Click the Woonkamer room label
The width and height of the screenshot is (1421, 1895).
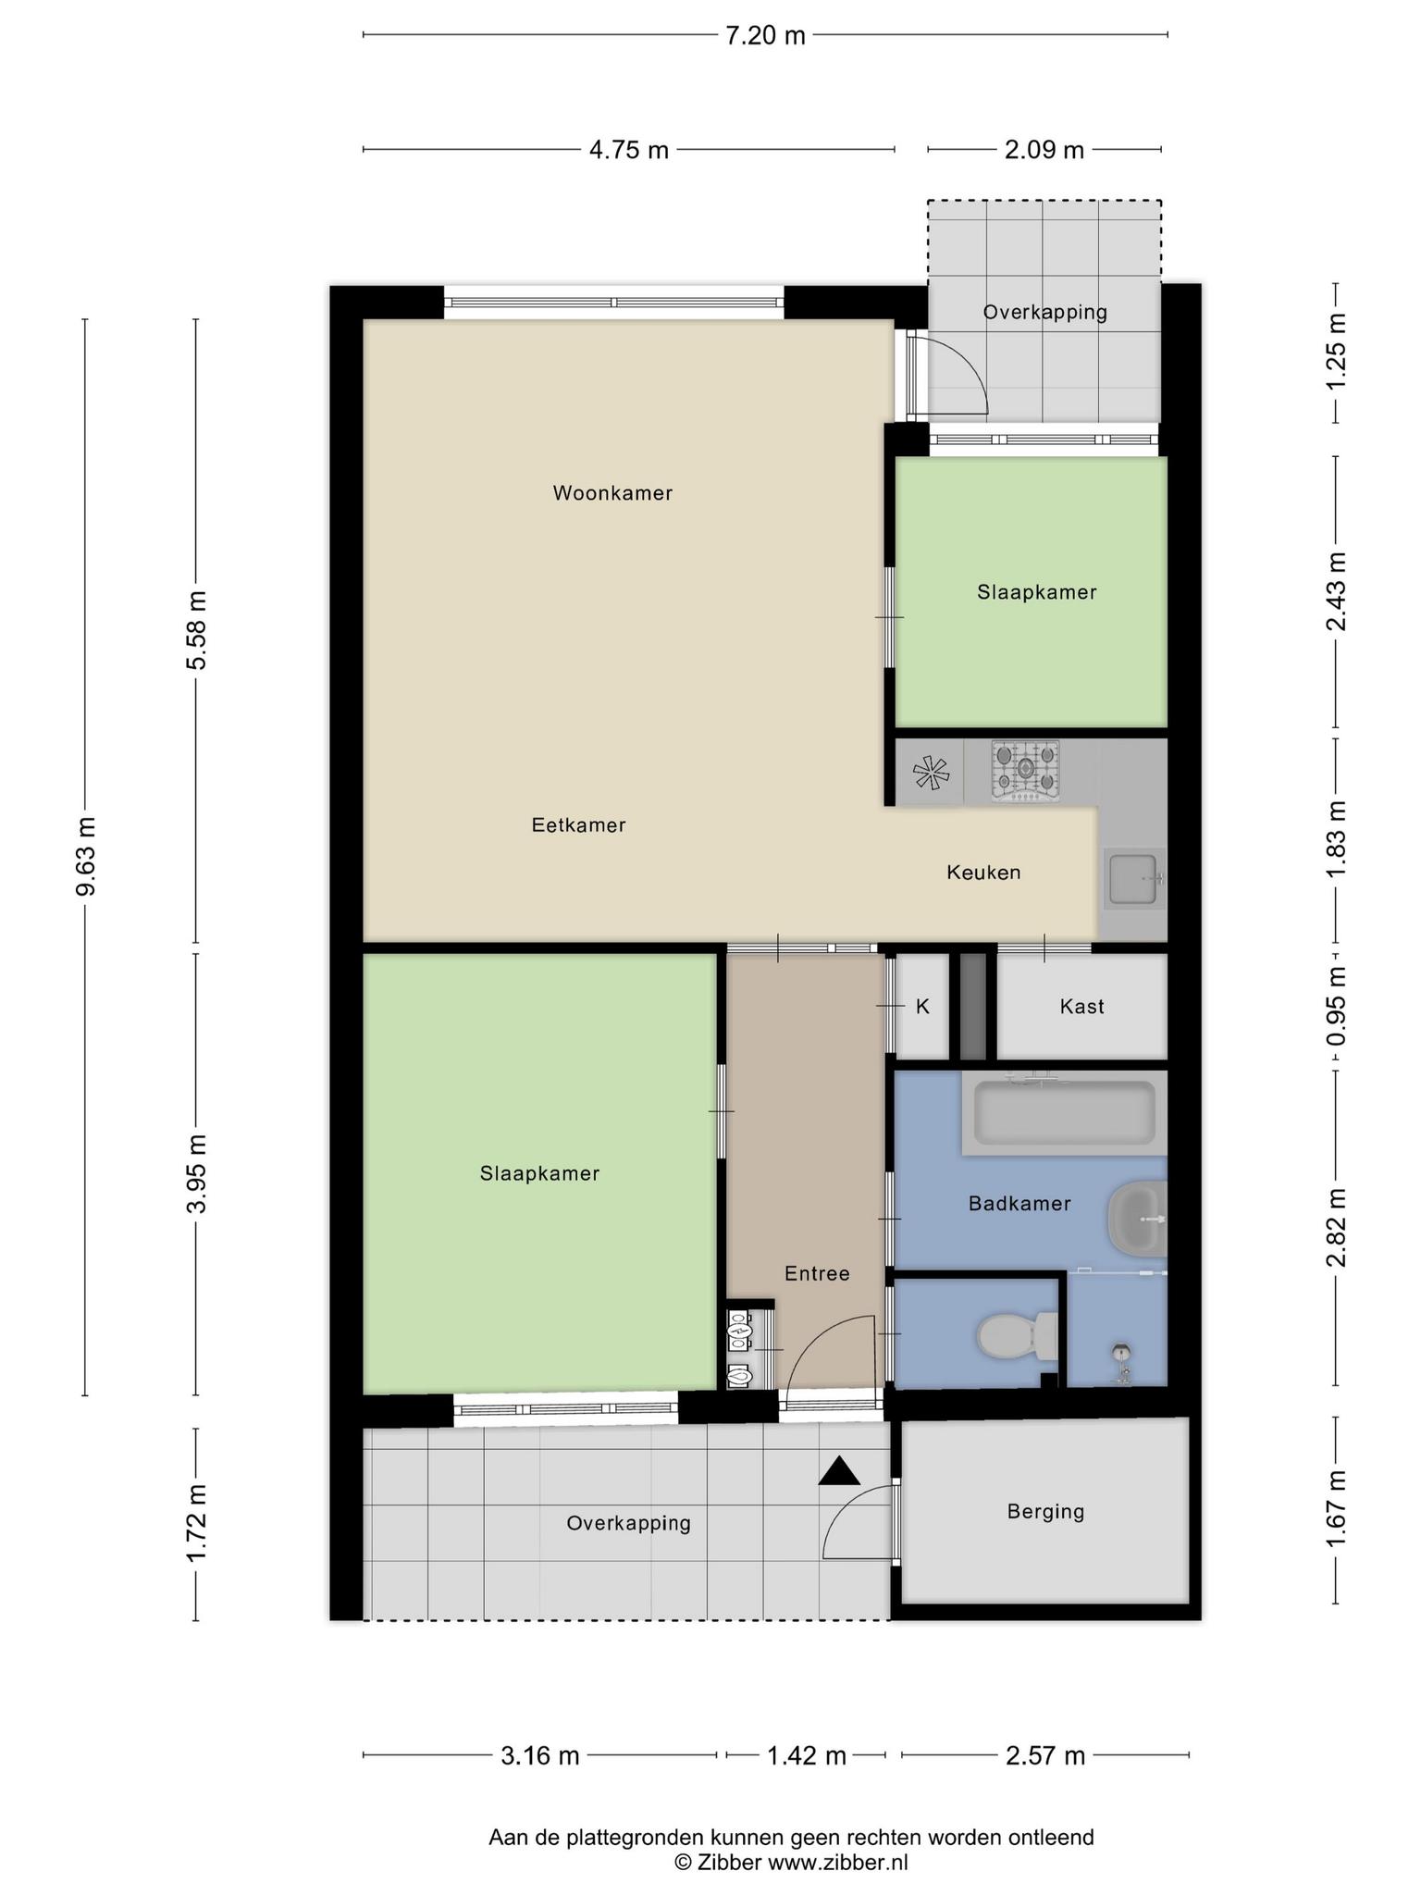(612, 493)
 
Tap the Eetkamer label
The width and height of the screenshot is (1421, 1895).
(578, 824)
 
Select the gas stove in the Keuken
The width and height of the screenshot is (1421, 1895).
(1025, 771)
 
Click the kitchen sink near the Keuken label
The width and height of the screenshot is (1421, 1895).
(1135, 878)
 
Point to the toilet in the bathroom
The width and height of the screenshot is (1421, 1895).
(1018, 1336)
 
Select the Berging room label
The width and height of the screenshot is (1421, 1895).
(1045, 1511)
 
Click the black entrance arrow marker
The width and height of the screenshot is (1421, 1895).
(839, 1471)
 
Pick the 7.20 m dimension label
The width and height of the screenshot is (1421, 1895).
(765, 36)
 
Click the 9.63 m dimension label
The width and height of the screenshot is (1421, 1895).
(86, 856)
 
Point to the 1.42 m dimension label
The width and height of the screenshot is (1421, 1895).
(807, 1755)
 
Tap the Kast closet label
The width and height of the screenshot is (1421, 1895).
(1081, 1006)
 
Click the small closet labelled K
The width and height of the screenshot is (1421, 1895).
(923, 1006)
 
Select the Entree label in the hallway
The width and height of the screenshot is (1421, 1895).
(817, 1273)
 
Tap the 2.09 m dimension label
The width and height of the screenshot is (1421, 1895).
(1044, 149)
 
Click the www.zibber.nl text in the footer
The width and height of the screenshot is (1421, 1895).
(838, 1863)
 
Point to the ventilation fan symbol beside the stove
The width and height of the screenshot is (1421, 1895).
(931, 773)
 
